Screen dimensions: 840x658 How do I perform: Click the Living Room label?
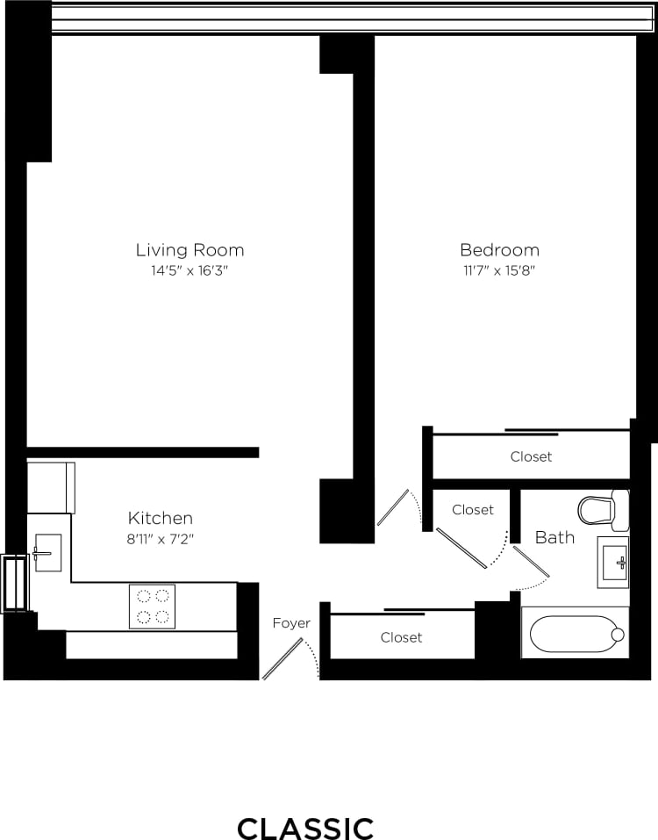click(x=190, y=250)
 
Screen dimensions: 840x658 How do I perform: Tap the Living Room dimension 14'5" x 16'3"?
click(x=190, y=271)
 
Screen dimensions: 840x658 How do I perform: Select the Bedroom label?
click(x=499, y=250)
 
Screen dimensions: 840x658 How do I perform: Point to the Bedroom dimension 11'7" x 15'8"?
click(x=499, y=271)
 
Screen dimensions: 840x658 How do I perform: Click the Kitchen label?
click(x=161, y=518)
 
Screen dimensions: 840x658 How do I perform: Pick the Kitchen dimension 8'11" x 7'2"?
click(x=161, y=539)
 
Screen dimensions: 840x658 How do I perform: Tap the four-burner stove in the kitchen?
click(x=152, y=606)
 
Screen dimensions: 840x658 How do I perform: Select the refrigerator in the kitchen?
click(x=50, y=488)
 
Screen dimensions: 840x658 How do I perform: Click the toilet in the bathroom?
click(x=604, y=510)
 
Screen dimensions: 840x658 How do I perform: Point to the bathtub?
click(x=575, y=634)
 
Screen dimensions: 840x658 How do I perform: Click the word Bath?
click(x=554, y=537)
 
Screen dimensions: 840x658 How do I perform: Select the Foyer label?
click(x=291, y=623)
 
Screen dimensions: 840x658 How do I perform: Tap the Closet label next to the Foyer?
click(x=401, y=637)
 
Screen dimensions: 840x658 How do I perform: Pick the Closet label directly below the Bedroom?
click(x=532, y=456)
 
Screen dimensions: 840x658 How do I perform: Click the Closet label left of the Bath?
click(x=473, y=509)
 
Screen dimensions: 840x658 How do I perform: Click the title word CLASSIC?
click(x=305, y=828)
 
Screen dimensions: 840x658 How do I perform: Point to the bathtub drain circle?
click(x=618, y=635)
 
